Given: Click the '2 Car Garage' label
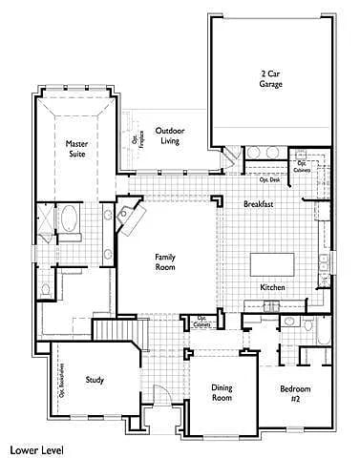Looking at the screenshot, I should [271, 79].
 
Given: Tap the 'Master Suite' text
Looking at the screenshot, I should [76, 149].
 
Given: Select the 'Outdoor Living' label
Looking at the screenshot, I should [170, 135].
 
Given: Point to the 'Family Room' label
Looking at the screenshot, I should [166, 262].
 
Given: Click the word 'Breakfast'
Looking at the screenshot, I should [258, 205].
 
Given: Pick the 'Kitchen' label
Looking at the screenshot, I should [273, 287].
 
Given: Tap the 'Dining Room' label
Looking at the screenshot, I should [222, 392].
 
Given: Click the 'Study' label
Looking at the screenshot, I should [95, 380].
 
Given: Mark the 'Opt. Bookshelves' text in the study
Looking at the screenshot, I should [62, 380].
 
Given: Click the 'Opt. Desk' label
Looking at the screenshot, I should [269, 179].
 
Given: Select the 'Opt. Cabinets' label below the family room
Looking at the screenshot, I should [202, 323].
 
